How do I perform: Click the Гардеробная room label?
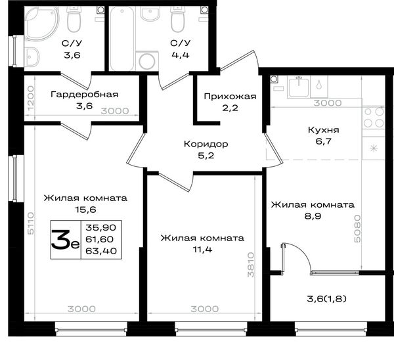tap(85, 95)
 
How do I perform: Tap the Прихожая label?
tap(230, 97)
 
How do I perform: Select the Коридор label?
tap(206, 144)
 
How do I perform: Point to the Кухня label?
tap(324, 130)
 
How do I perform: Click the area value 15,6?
tap(85, 210)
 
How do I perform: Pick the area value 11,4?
tap(202, 250)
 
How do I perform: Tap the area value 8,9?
tap(313, 216)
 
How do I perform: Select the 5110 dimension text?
tap(30, 223)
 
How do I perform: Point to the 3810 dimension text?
tap(251, 265)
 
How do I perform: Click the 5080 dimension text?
tap(357, 229)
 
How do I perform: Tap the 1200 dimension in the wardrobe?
tap(30, 98)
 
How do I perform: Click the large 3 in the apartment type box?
tap(60, 240)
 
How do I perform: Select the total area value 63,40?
tap(101, 251)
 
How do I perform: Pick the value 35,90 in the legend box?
tap(101, 228)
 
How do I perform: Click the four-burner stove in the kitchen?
tap(374, 118)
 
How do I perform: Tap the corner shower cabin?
tap(41, 24)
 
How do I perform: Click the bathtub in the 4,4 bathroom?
tap(122, 39)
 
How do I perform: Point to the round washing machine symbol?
tap(147, 61)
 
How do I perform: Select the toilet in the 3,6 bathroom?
tap(74, 19)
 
